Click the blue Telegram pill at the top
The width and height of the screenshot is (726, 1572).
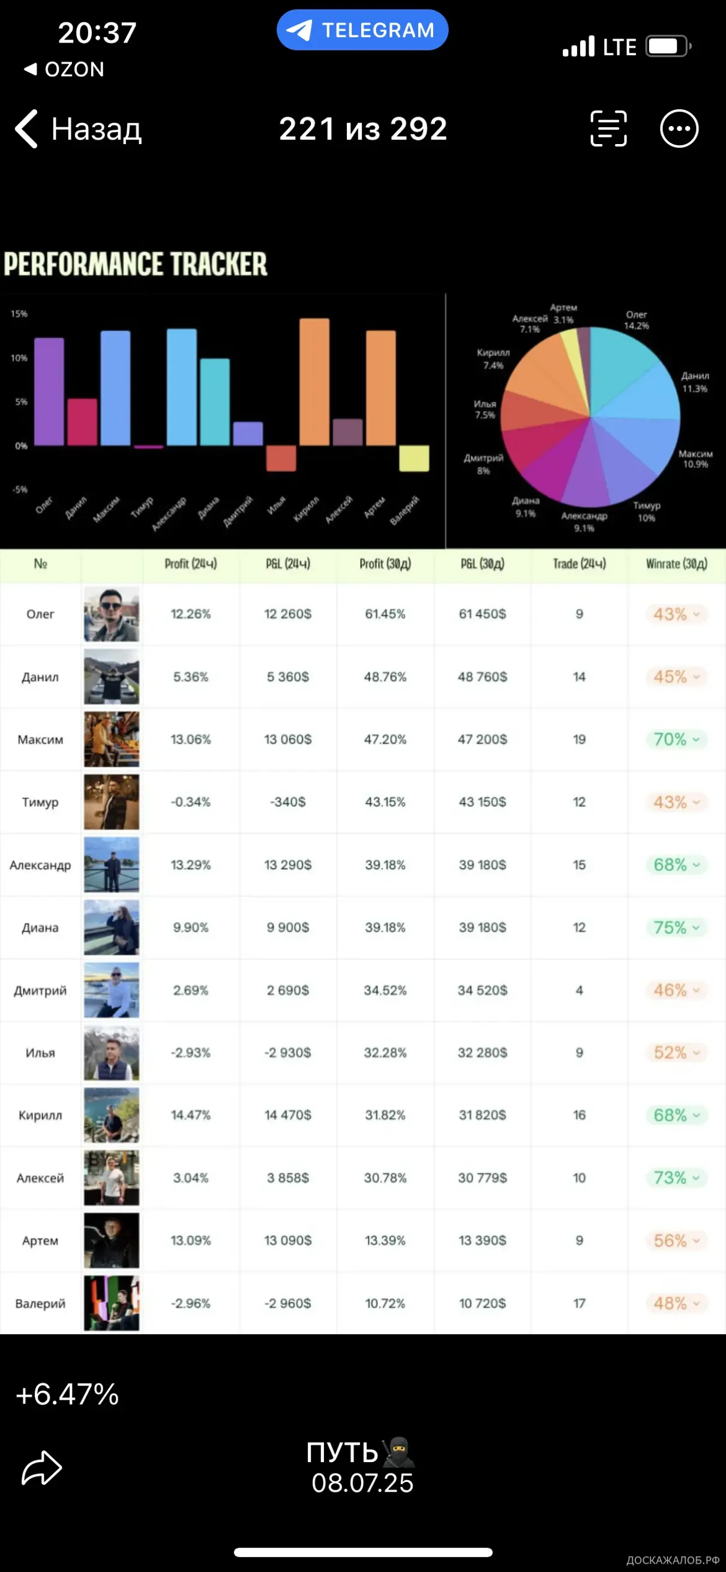362,30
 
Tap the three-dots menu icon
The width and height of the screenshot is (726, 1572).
679,129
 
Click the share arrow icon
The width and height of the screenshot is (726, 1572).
41,1468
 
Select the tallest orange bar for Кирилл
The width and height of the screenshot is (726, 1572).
314,382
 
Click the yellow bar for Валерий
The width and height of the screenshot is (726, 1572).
413,459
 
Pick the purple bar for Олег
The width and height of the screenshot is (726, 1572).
49,391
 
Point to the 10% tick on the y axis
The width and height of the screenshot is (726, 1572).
19,358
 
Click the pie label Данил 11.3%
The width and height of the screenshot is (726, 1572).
695,382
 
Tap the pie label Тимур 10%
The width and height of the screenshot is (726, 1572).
647,511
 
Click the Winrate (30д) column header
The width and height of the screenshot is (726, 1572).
677,564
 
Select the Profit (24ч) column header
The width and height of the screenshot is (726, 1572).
190,564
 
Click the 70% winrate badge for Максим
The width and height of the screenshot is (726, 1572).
676,739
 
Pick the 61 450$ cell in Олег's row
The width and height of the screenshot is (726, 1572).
482,614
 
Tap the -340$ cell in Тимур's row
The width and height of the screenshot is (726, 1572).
287,802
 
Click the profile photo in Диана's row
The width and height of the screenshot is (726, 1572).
111,927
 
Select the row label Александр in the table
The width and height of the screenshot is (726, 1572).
40,865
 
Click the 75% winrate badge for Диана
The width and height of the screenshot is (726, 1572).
676,927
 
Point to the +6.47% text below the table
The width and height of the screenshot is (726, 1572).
67,1394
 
